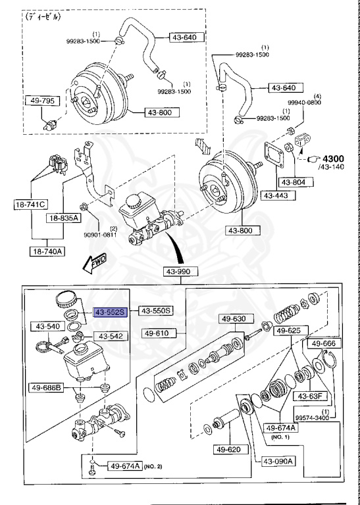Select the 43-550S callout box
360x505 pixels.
155,311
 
